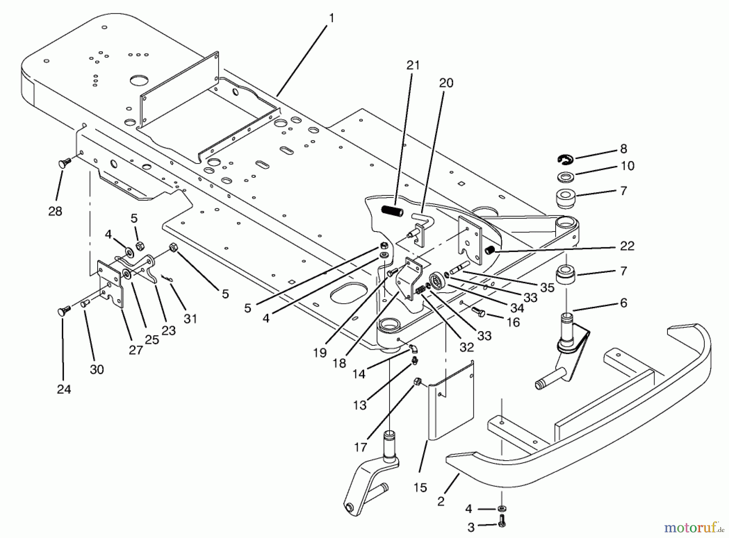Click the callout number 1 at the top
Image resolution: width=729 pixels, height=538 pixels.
pyautogui.click(x=332, y=18)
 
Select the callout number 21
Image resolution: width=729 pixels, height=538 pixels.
pyautogui.click(x=413, y=65)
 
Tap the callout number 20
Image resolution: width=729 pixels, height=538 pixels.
pyautogui.click(x=446, y=83)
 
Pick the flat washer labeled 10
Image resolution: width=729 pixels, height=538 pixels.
pyautogui.click(x=565, y=176)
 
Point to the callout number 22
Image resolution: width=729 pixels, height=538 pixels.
pyautogui.click(x=627, y=246)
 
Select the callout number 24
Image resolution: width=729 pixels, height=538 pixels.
pyautogui.click(x=64, y=389)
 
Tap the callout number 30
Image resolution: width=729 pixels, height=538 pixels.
pyautogui.click(x=97, y=369)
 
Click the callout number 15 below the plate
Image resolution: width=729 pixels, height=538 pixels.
pyautogui.click(x=420, y=487)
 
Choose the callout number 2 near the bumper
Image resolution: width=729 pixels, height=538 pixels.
pyautogui.click(x=441, y=501)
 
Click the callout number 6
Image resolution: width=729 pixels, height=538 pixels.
pyautogui.click(x=623, y=303)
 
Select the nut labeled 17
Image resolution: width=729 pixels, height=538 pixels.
pyautogui.click(x=417, y=381)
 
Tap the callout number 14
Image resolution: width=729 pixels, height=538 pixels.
pyautogui.click(x=359, y=374)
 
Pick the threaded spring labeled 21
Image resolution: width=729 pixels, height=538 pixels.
pyautogui.click(x=392, y=211)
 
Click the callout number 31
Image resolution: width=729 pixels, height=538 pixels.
pyautogui.click(x=190, y=319)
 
